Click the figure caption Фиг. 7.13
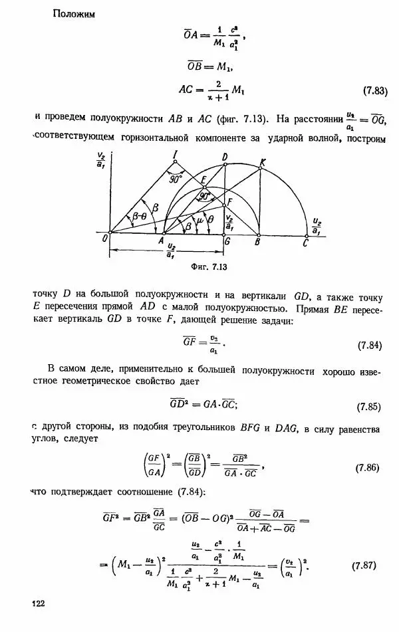(211, 267)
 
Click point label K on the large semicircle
(263, 161)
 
